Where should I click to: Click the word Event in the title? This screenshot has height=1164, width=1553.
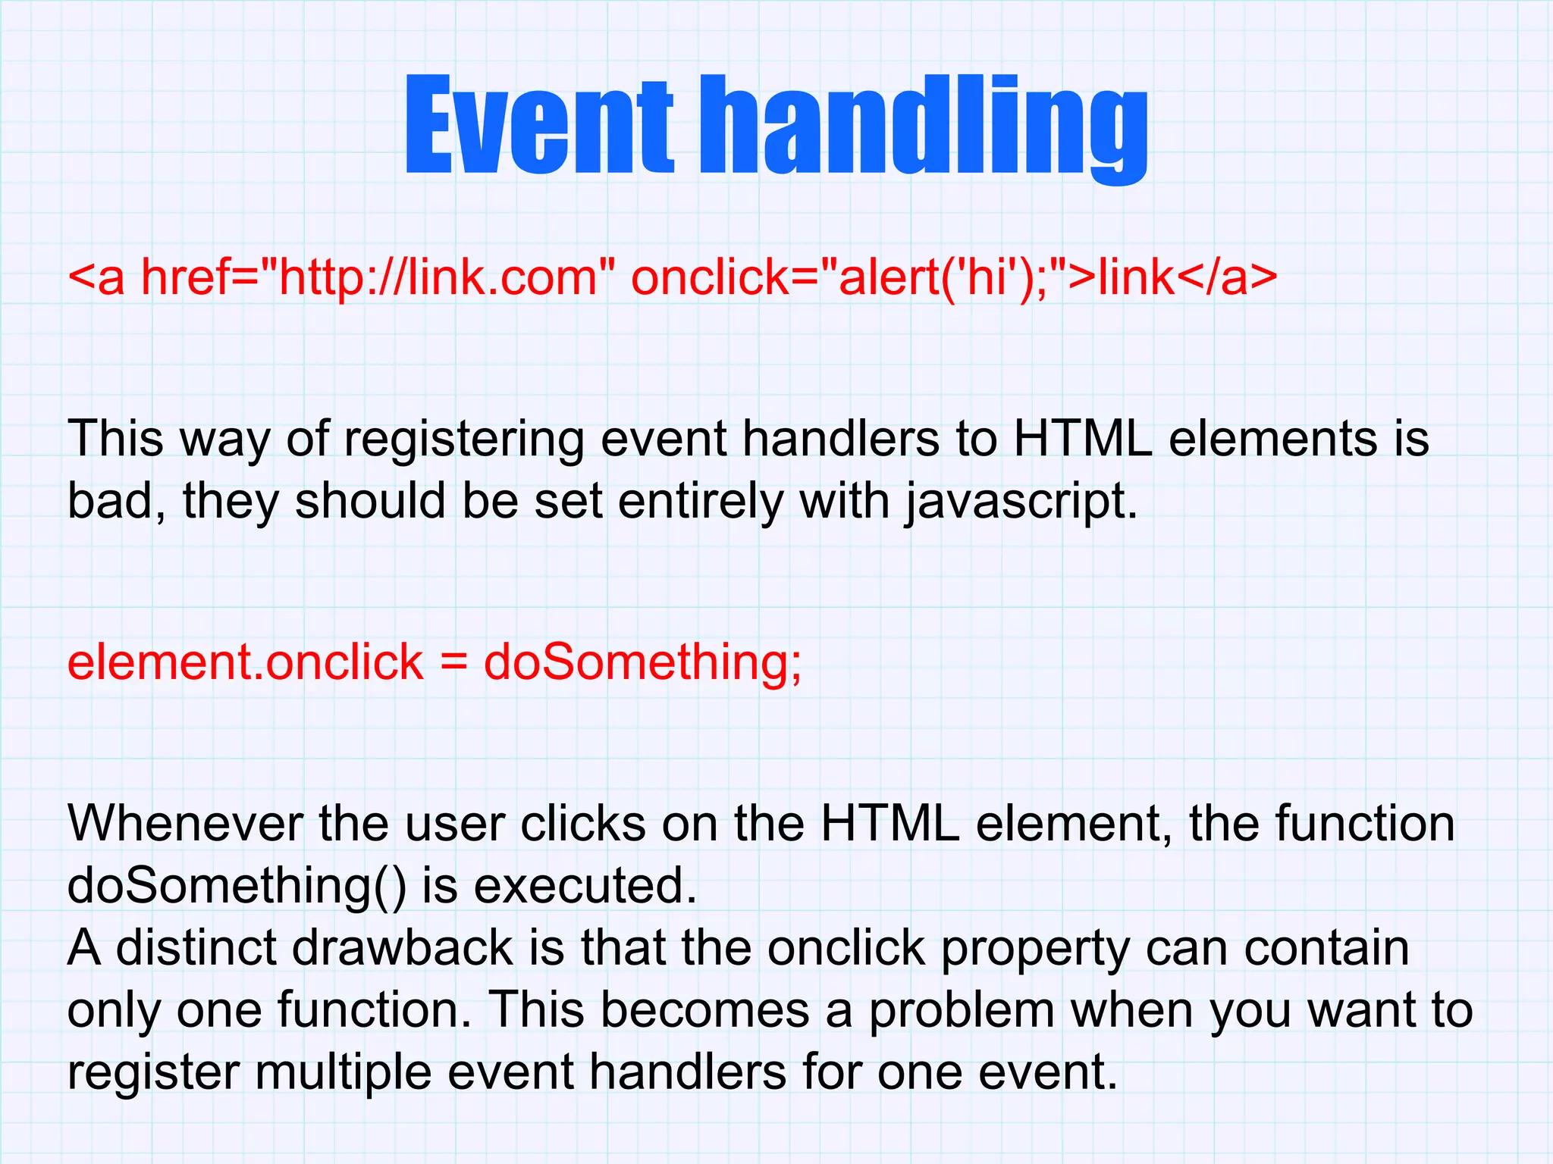tap(538, 125)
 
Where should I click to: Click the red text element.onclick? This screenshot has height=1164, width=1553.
tap(245, 662)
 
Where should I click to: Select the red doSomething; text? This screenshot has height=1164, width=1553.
tap(642, 663)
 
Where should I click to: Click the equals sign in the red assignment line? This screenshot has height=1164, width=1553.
tap(453, 663)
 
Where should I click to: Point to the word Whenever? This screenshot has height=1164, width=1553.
tap(185, 823)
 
